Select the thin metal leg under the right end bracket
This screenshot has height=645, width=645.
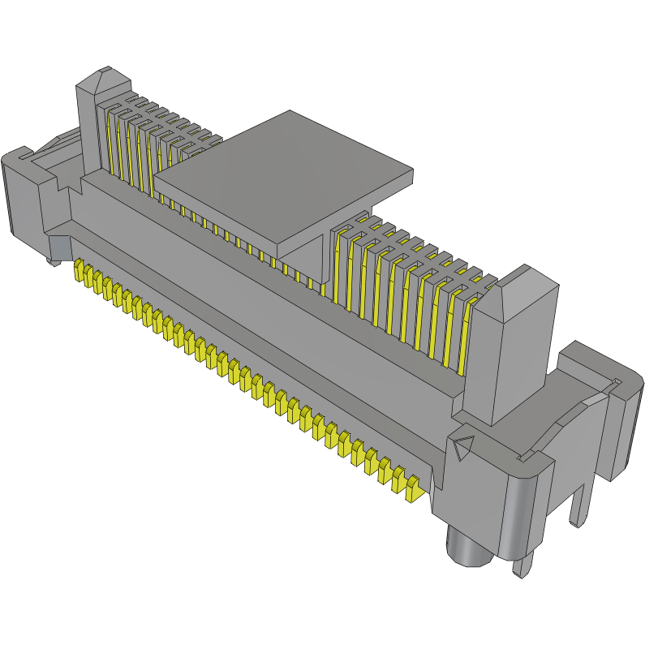[580, 503]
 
